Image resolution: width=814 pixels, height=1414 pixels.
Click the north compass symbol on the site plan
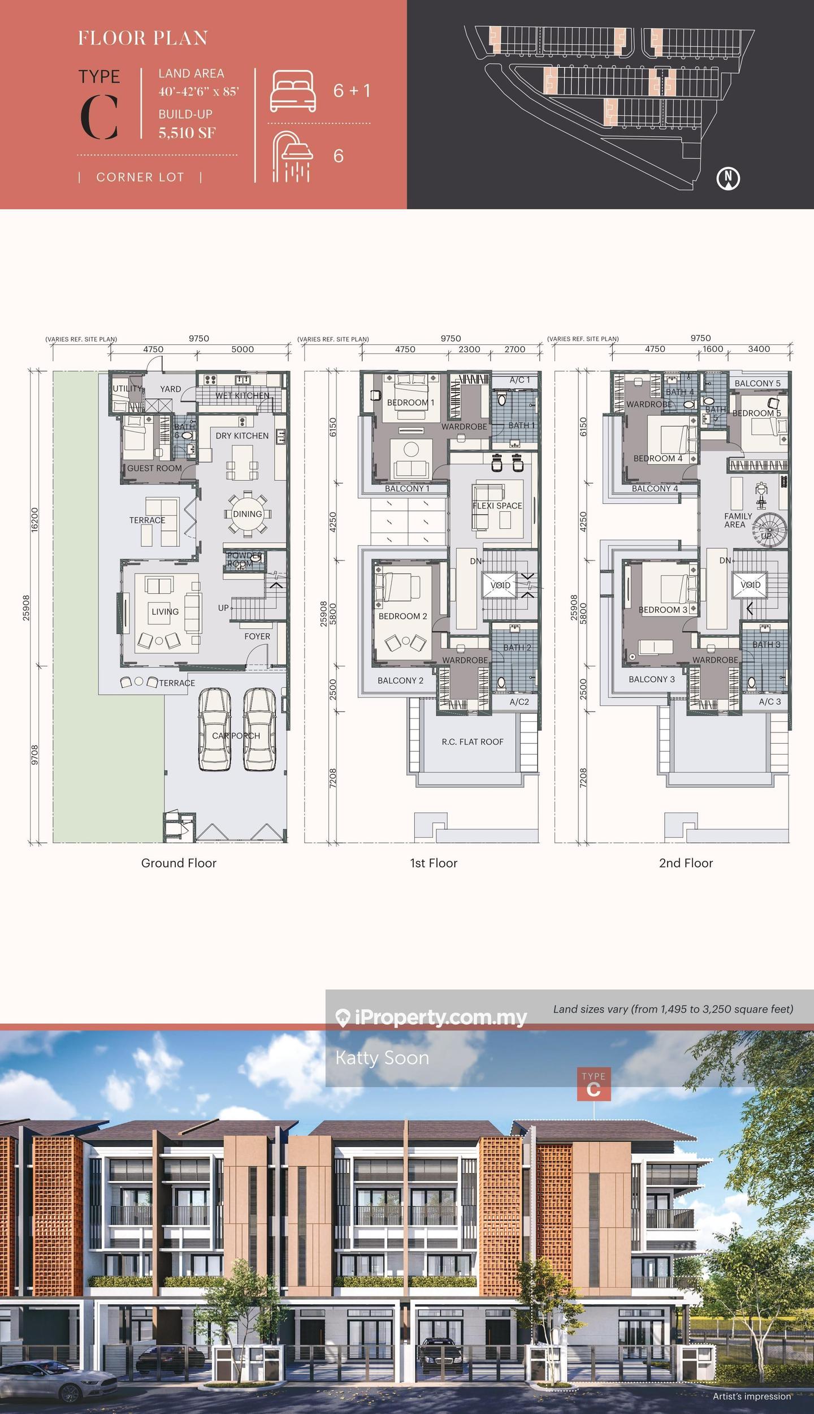click(x=728, y=178)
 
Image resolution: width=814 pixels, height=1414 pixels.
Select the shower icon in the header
click(x=292, y=157)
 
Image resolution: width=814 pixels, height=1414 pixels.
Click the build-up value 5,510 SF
click(x=187, y=133)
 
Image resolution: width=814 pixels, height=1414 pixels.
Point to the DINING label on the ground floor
click(x=248, y=514)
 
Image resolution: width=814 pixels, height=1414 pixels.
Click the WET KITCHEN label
click(x=242, y=395)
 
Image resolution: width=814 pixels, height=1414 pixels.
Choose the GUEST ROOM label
click(x=154, y=468)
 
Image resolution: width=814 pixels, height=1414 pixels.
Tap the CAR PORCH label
click(x=236, y=736)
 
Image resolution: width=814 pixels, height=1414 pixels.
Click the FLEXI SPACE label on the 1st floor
click(x=497, y=506)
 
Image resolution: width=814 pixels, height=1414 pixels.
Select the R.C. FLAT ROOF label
click(x=473, y=742)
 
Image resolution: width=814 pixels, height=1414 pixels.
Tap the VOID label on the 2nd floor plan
click(x=750, y=585)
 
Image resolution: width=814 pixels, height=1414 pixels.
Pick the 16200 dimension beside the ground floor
click(x=34, y=519)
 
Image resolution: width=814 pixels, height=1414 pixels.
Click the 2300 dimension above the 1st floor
click(x=469, y=349)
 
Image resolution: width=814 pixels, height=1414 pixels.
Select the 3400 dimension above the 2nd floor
click(x=759, y=349)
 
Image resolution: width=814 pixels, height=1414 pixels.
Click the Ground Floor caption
click(x=179, y=863)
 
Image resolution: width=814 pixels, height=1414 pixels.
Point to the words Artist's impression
click(x=752, y=1396)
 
